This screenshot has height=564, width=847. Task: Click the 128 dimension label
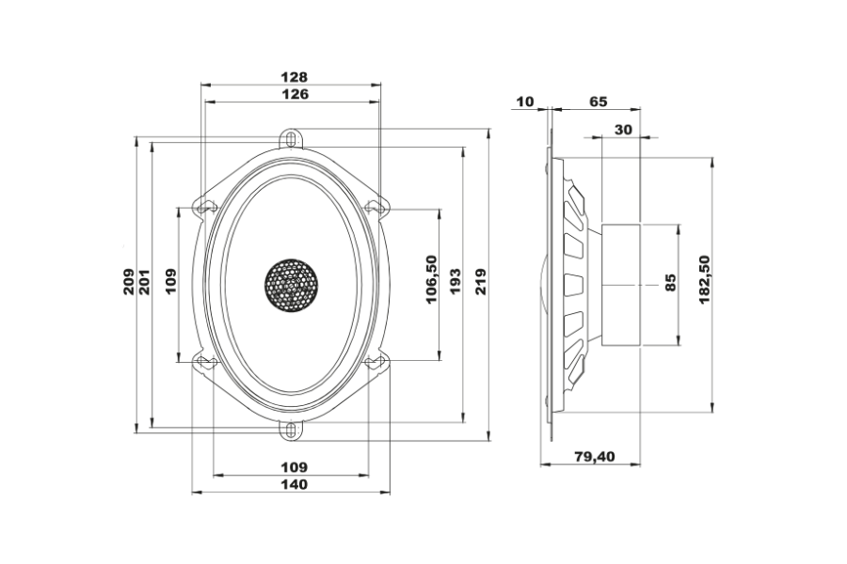(x=294, y=77)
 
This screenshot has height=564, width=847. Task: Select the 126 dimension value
(x=295, y=94)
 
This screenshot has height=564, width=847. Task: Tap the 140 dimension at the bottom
(x=295, y=484)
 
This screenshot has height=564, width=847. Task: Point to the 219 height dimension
(x=481, y=281)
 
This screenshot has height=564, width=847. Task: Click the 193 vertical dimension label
(x=455, y=281)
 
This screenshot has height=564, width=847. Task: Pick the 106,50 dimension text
(x=431, y=279)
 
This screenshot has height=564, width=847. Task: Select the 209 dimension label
(x=130, y=281)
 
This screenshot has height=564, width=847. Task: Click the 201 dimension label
(x=145, y=281)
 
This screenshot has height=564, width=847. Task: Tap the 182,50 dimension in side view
(x=704, y=279)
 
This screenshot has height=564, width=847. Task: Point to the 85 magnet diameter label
(x=670, y=283)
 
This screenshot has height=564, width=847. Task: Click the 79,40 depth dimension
(x=594, y=457)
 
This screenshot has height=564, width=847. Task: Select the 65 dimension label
(x=599, y=102)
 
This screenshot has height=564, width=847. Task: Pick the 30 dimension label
(x=623, y=130)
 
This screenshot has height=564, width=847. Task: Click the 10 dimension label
(x=525, y=102)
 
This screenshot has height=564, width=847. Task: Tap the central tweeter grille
(x=291, y=286)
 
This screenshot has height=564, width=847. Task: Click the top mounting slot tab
(x=291, y=137)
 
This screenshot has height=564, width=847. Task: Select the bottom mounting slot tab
(x=291, y=431)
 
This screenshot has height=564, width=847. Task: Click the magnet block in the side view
(x=621, y=285)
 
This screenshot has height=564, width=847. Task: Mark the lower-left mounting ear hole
(x=206, y=362)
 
